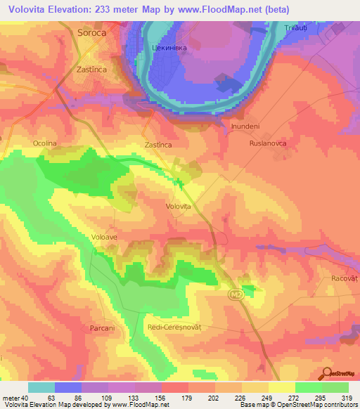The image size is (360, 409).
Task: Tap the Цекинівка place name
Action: pyautogui.click(x=168, y=48)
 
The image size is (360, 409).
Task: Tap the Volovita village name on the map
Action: pyautogui.click(x=178, y=207)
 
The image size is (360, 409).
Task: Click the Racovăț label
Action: pyautogui.click(x=345, y=278)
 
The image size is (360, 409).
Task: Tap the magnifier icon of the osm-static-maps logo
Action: pyautogui.click(x=328, y=374)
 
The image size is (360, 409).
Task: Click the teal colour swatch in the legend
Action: pyautogui.click(x=41, y=387)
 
